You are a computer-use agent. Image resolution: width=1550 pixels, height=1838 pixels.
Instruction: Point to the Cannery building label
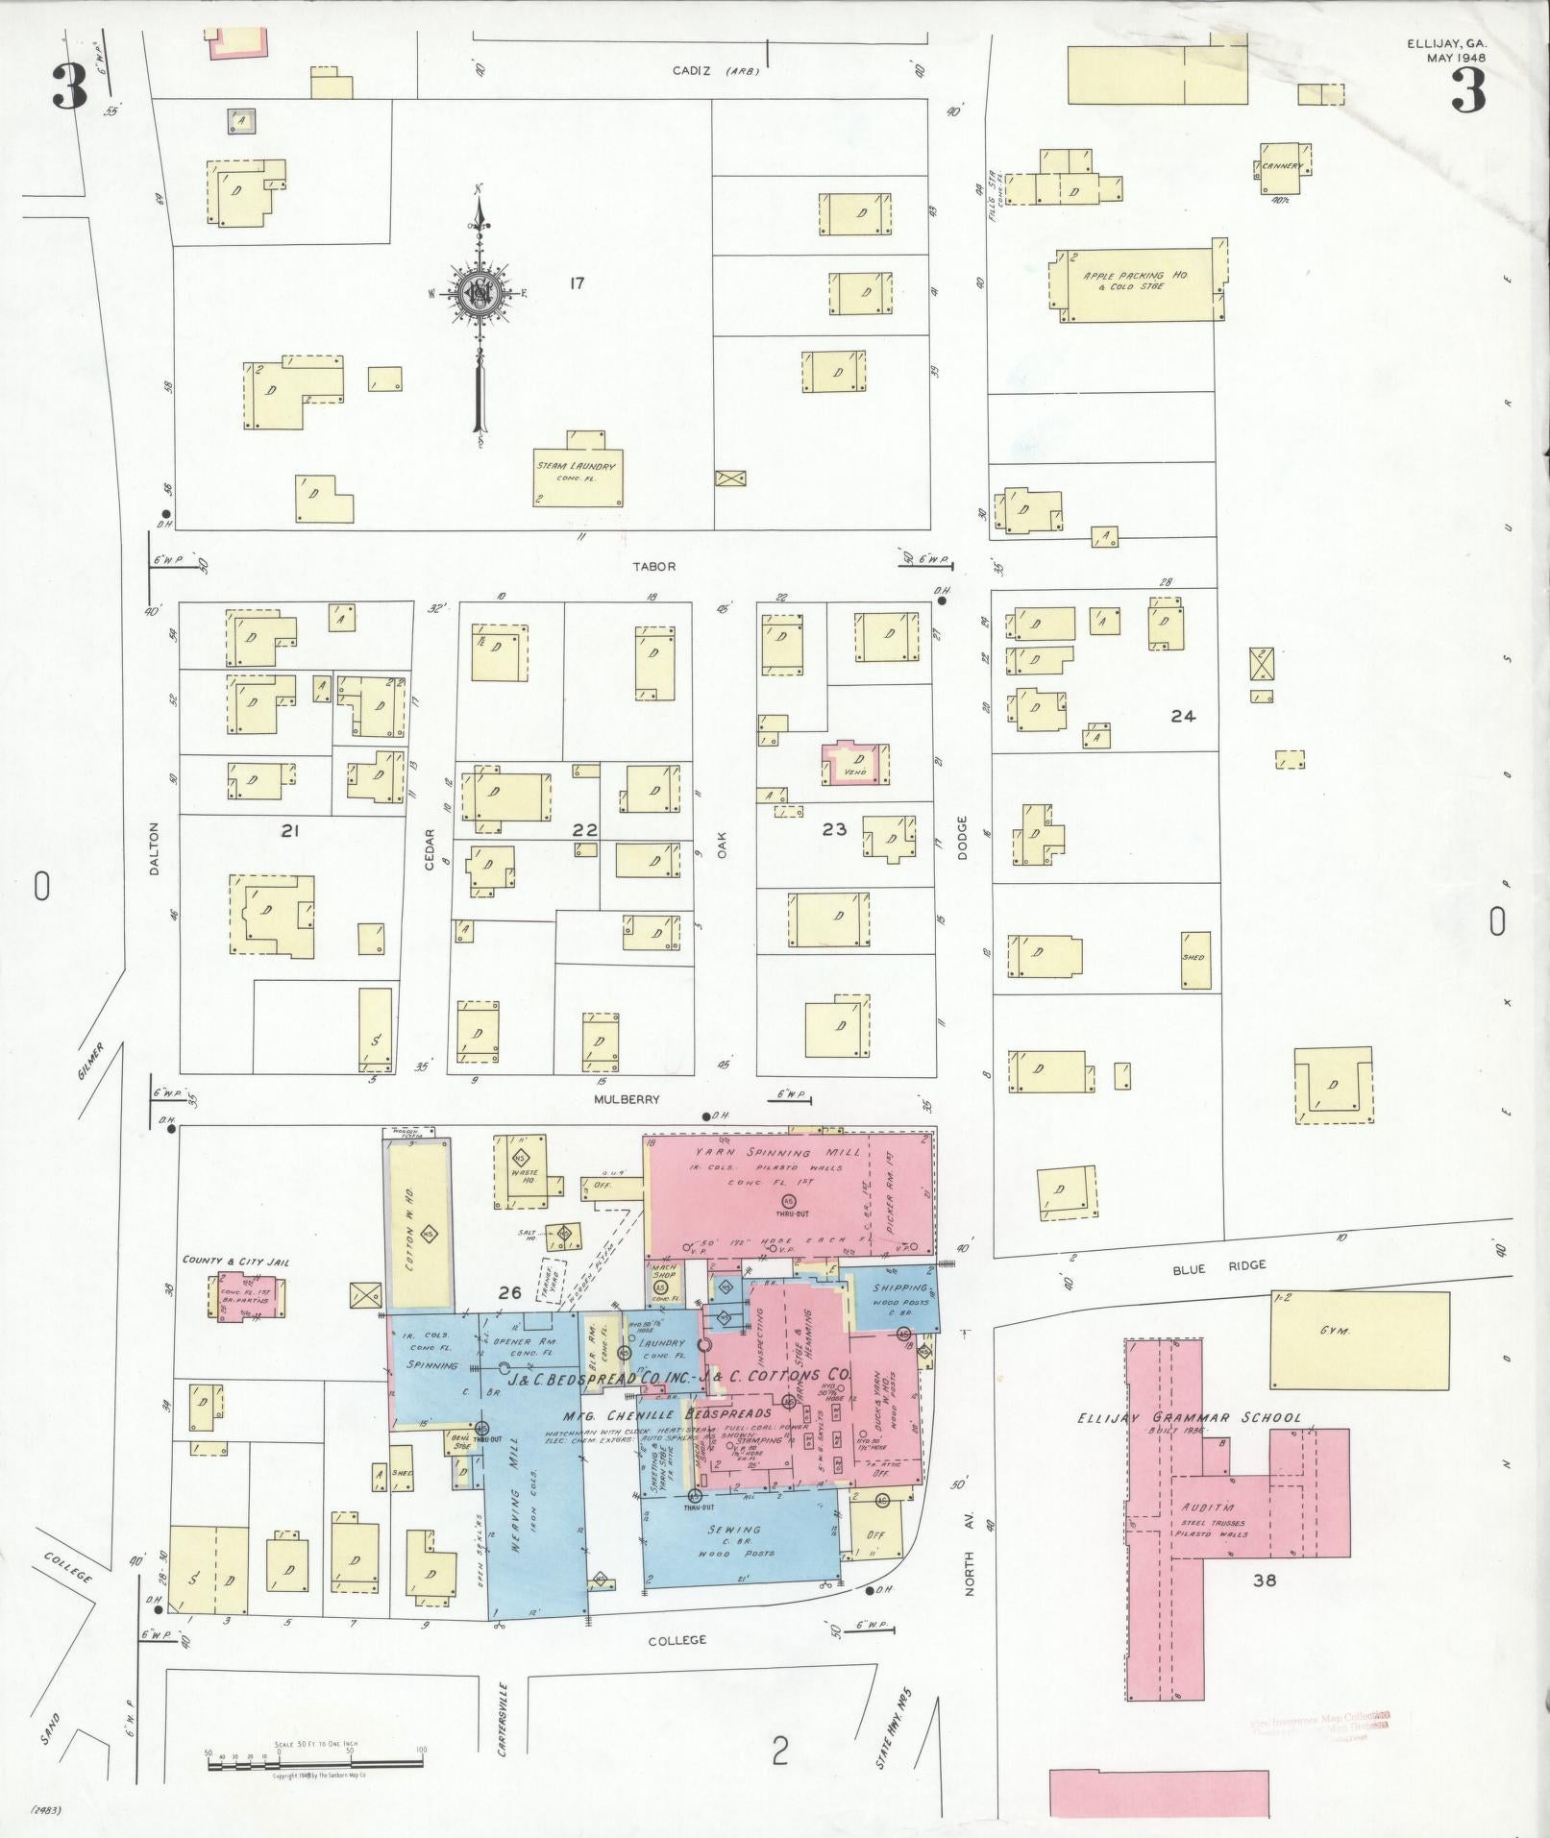[1283, 165]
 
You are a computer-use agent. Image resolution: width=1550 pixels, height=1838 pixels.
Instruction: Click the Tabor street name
[653, 567]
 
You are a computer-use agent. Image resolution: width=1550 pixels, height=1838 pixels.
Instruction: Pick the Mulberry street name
[627, 1099]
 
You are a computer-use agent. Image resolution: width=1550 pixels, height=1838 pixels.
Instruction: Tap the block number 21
[290, 831]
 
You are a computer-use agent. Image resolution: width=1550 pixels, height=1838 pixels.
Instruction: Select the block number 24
[1182, 716]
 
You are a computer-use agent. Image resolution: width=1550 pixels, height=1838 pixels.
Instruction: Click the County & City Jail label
[235, 1262]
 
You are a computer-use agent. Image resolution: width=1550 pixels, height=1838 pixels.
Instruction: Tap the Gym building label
[1336, 1332]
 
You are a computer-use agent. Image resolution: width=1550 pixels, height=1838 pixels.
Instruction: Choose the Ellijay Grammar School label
[1189, 1417]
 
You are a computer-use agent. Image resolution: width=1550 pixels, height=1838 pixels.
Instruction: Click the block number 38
[1264, 1579]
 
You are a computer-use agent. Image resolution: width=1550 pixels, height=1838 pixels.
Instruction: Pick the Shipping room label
[899, 1288]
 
